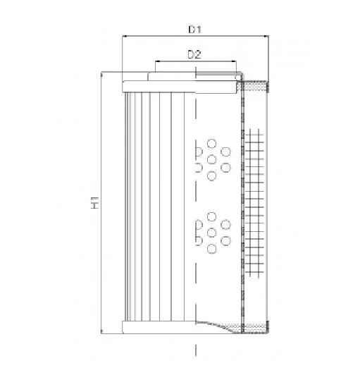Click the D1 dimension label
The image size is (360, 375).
click(195, 30)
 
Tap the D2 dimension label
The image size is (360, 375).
click(194, 55)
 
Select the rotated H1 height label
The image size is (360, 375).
click(95, 202)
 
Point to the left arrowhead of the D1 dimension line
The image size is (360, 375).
click(124, 37)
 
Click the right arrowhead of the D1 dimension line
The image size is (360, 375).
click(266, 37)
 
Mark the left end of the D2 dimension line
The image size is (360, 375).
click(156, 61)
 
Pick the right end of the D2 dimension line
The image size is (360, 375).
click(236, 61)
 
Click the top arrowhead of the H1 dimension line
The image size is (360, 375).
click(101, 74)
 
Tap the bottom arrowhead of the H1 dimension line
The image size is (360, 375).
click(101, 331)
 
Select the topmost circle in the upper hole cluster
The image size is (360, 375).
click(212, 144)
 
